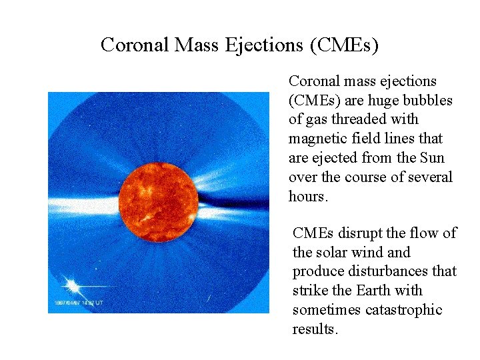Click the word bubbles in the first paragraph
429,101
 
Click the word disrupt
363,233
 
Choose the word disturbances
396,271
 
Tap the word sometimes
323,310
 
